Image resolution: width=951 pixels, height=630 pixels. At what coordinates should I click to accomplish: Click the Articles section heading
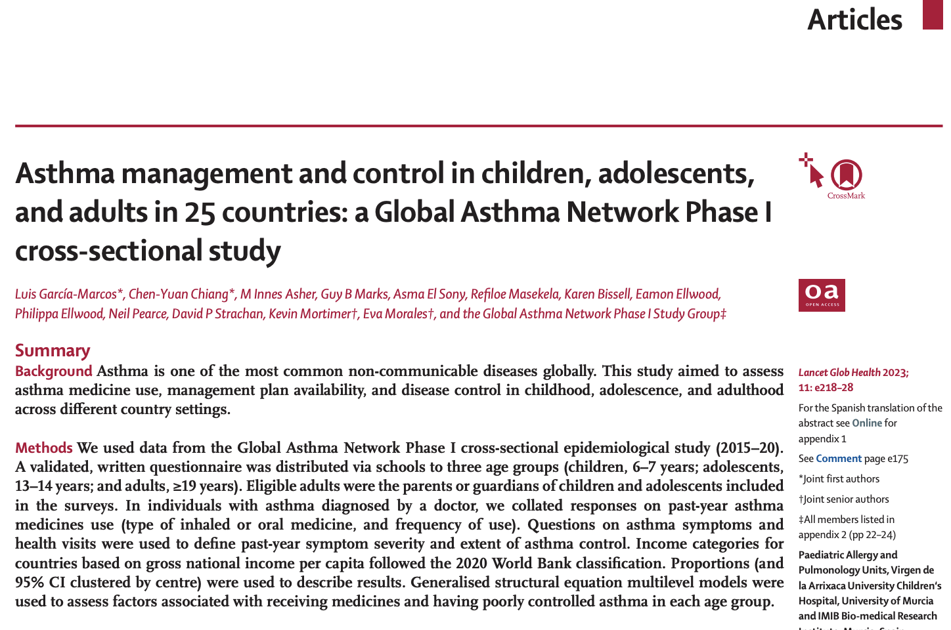tap(854, 20)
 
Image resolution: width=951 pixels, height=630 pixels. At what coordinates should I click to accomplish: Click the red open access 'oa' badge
tap(822, 295)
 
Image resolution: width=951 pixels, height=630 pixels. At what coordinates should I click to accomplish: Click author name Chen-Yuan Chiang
tap(179, 294)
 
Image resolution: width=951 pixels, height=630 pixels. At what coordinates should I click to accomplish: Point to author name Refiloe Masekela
tap(515, 294)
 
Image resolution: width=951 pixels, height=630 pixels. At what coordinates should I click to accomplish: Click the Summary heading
tap(53, 350)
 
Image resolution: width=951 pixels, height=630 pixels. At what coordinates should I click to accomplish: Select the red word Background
tap(54, 371)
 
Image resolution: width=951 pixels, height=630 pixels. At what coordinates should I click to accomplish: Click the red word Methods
tap(44, 448)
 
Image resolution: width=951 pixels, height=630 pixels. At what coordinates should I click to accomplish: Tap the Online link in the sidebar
tap(867, 423)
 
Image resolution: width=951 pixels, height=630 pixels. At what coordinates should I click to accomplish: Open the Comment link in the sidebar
tap(839, 459)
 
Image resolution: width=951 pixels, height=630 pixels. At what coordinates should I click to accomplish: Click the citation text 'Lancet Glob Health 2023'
tap(852, 373)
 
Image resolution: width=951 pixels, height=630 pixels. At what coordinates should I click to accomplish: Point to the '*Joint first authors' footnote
tap(839, 479)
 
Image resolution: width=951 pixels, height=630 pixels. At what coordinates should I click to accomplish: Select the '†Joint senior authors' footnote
tap(843, 499)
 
